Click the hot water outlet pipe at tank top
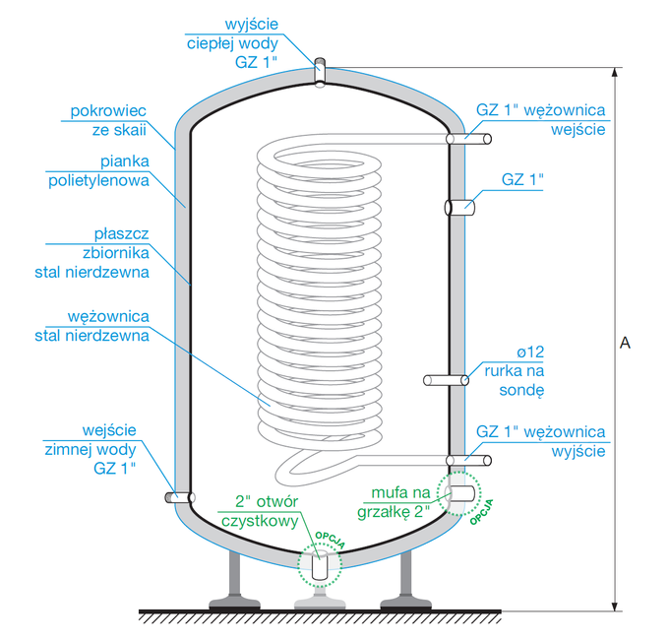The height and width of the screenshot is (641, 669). coord(320,73)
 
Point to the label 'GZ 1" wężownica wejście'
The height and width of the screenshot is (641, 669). coord(540,119)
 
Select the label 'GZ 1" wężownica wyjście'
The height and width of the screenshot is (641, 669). coord(540,442)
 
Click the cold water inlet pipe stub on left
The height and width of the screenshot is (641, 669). coord(175,497)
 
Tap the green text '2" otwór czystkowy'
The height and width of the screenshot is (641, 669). coord(260,510)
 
